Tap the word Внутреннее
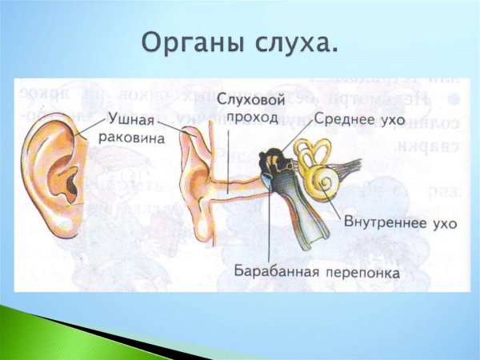coord(383,223)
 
